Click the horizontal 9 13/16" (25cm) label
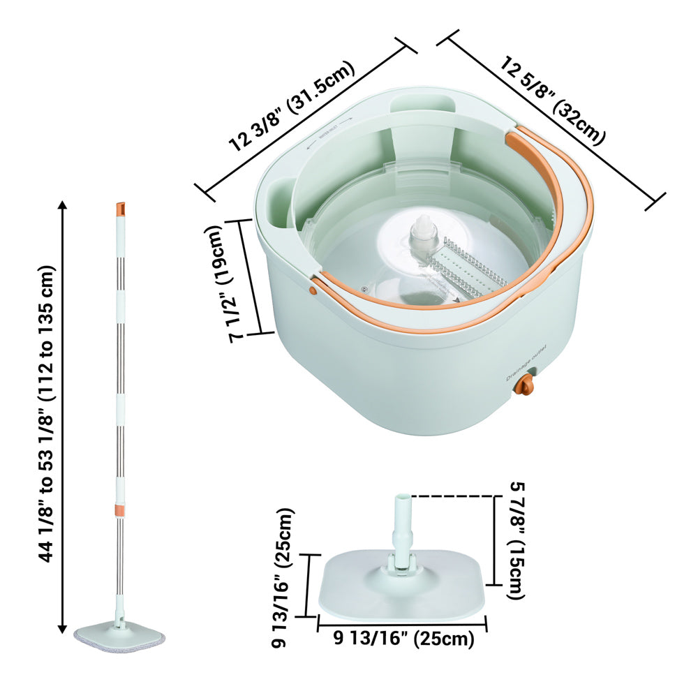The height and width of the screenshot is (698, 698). [x=403, y=638]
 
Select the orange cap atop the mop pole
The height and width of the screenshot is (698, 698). [x=120, y=208]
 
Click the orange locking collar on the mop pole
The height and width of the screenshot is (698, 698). [x=120, y=510]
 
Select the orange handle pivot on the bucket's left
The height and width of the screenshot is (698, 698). [x=314, y=285]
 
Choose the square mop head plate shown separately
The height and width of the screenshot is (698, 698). [x=401, y=586]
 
